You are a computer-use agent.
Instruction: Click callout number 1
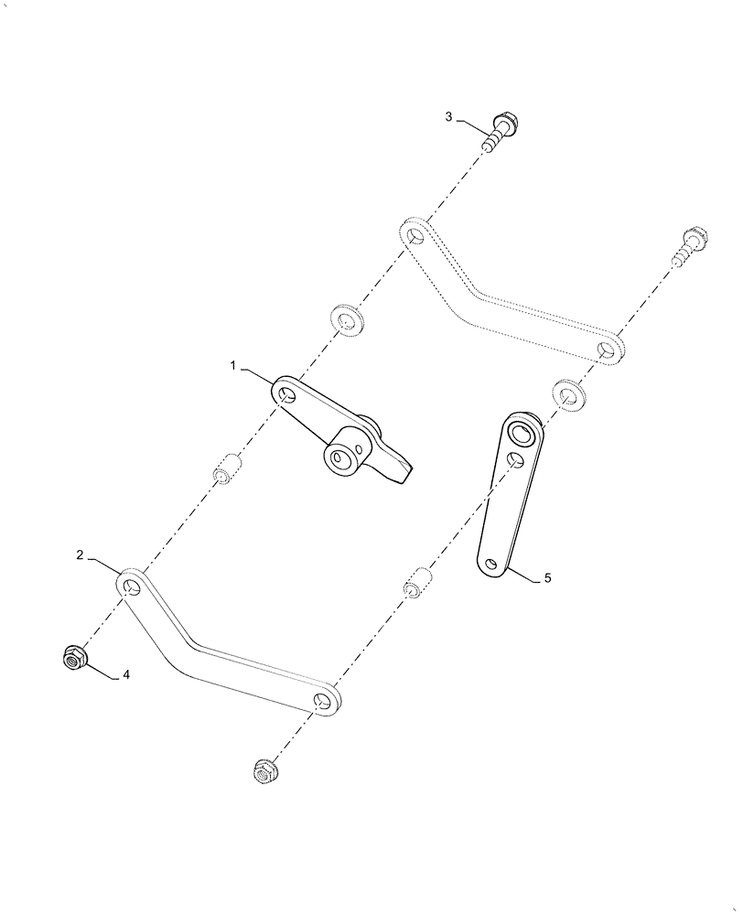[233, 366]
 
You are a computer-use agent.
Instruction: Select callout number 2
[81, 554]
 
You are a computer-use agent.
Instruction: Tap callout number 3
[448, 116]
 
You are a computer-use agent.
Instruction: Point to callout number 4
[126, 675]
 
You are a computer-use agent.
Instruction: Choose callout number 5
[547, 577]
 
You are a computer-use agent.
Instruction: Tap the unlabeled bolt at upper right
[694, 246]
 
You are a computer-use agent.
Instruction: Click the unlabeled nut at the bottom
[265, 772]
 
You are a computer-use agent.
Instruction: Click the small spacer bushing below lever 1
[225, 472]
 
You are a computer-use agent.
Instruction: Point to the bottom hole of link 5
[493, 565]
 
